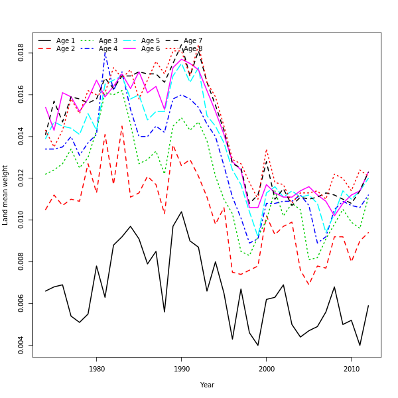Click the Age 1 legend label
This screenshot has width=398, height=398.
pyautogui.click(x=66, y=41)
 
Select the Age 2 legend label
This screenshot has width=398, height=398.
pyautogui.click(x=66, y=49)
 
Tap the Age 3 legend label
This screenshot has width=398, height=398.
pyautogui.click(x=108, y=41)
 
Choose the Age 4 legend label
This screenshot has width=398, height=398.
pyautogui.click(x=108, y=49)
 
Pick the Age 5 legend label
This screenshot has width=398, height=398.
pyautogui.click(x=151, y=41)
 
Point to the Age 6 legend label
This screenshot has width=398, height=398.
pyautogui.click(x=151, y=49)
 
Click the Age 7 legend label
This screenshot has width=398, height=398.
pyautogui.click(x=193, y=41)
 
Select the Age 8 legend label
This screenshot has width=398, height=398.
pyautogui.click(x=193, y=49)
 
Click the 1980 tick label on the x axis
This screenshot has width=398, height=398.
pyautogui.click(x=97, y=369)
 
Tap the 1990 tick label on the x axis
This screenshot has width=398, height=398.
pyautogui.click(x=182, y=369)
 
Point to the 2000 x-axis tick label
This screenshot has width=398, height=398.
pyautogui.click(x=267, y=369)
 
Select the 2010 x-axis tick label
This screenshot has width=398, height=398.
pyautogui.click(x=352, y=369)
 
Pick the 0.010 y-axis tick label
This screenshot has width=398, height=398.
pyautogui.click(x=21, y=219)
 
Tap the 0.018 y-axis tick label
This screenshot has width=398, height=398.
pyautogui.click(x=21, y=52)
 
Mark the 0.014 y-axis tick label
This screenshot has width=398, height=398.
pyautogui.click(x=21, y=136)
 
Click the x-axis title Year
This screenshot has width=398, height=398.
pyautogui.click(x=207, y=385)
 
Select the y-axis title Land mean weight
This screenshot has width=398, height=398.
pyautogui.click(x=6, y=195)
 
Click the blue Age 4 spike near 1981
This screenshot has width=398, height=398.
pyautogui.click(x=105, y=51)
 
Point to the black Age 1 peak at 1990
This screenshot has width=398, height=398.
pyautogui.click(x=182, y=212)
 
